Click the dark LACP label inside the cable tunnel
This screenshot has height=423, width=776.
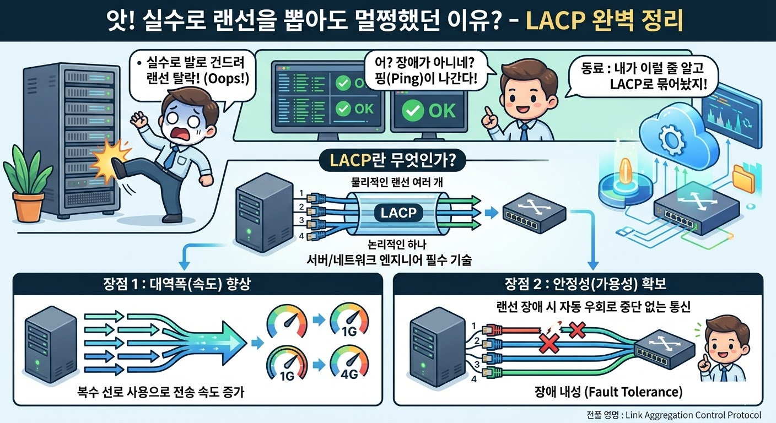click(x=398, y=213)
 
